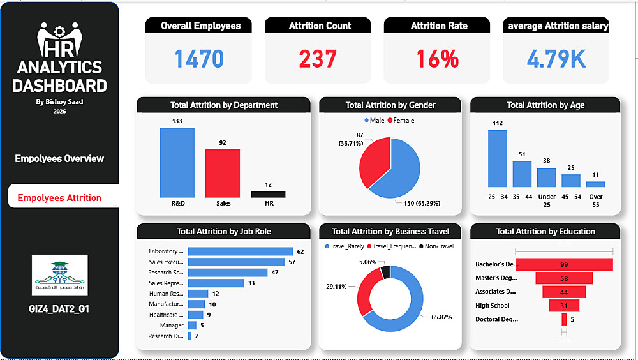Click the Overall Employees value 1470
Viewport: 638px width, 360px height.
[x=199, y=59]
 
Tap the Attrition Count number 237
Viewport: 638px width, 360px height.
[x=318, y=59]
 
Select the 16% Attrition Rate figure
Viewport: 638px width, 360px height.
[x=437, y=59]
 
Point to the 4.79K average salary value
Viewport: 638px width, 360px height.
[x=556, y=59]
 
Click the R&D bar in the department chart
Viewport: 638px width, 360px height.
[x=177, y=163]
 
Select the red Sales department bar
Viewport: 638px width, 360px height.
[x=222, y=173]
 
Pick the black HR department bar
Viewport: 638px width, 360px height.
[x=268, y=194]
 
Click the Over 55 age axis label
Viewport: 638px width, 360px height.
[x=595, y=200]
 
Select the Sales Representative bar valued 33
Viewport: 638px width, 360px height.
[x=216, y=283]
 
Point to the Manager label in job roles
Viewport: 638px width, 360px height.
[x=172, y=325]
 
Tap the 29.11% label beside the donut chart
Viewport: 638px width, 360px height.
[x=336, y=287]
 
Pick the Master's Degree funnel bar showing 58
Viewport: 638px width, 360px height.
[x=563, y=278]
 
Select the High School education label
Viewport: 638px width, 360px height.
[x=493, y=306]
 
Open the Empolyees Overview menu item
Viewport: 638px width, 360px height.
[x=59, y=158]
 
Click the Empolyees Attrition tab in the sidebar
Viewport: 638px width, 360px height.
[x=59, y=197]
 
